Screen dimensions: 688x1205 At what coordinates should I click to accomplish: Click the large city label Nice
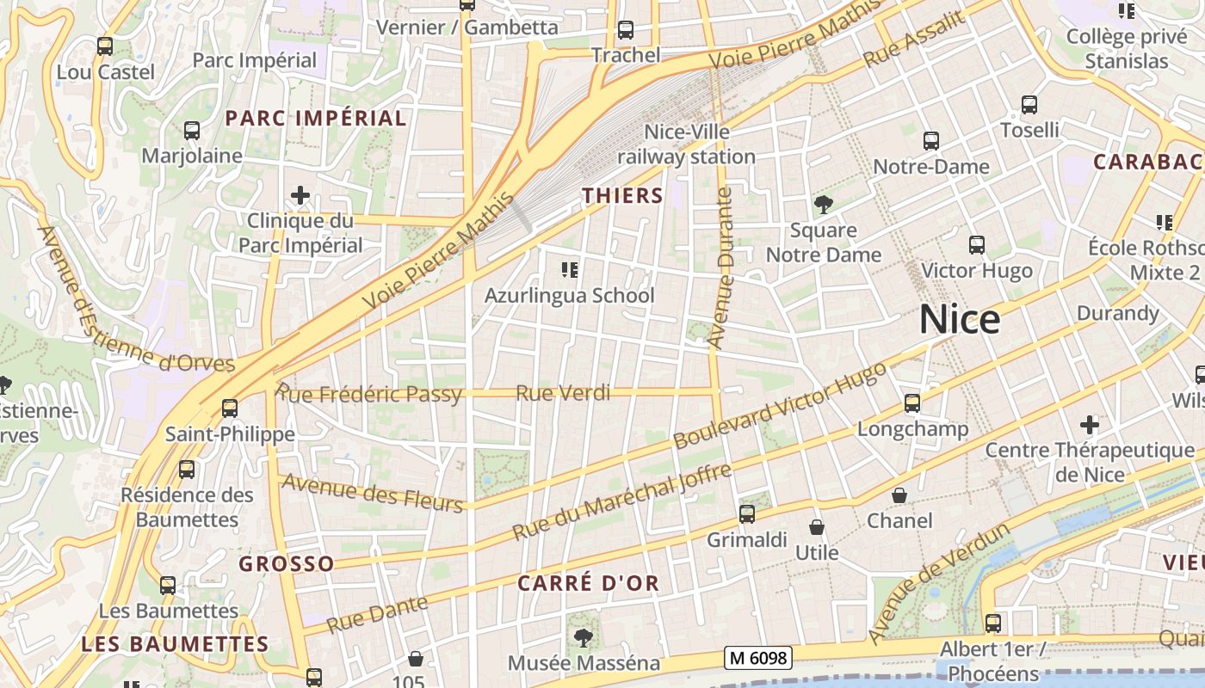pos(960,320)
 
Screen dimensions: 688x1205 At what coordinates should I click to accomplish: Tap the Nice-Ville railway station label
pos(687,144)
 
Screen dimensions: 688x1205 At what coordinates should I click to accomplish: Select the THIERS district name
pos(622,196)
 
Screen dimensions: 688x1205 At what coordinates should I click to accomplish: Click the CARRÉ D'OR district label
pos(588,583)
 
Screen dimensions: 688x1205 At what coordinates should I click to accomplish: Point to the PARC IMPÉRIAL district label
pos(315,119)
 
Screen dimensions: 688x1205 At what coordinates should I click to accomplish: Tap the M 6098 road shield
pos(757,658)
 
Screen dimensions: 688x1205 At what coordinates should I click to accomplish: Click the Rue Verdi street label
pos(563,393)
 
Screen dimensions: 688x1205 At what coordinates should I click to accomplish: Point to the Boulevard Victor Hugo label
pos(779,406)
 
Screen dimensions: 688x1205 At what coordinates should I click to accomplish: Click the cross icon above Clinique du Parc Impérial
pos(300,196)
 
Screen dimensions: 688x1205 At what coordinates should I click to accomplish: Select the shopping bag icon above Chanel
pos(899,495)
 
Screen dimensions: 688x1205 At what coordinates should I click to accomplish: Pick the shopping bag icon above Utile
pos(816,527)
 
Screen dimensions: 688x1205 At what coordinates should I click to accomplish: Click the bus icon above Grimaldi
pos(747,514)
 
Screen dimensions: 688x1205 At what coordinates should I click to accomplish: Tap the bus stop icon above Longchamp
pos(912,402)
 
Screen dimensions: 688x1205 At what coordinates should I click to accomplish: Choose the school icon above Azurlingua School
pos(569,271)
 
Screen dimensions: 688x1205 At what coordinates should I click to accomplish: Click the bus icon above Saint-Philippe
pos(229,408)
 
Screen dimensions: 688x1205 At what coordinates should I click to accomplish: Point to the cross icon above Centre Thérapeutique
pos(1090,425)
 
